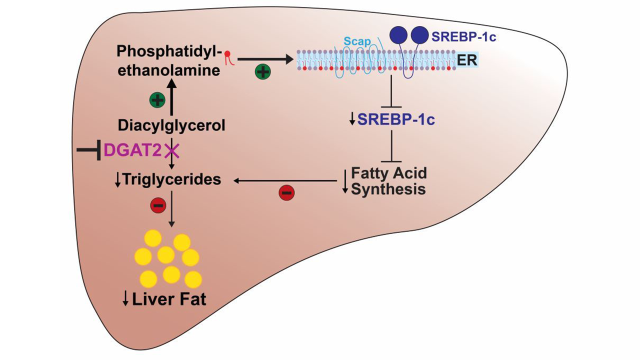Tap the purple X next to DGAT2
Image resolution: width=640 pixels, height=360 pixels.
[171, 149]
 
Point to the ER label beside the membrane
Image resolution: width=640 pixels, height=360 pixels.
[467, 60]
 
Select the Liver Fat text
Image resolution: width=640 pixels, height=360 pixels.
[169, 299]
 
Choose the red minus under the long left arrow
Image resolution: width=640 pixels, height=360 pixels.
[286, 192]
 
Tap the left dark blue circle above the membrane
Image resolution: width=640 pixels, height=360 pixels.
[398, 35]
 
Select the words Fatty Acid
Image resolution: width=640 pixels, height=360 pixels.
[389, 173]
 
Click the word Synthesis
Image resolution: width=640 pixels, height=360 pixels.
[388, 189]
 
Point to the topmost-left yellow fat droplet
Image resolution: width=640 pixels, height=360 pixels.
[152, 239]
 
